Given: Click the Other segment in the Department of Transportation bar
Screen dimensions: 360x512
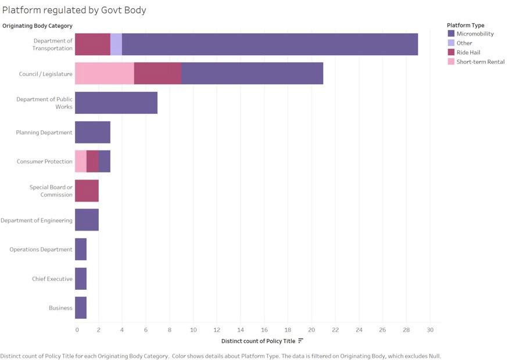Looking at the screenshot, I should point(116,44).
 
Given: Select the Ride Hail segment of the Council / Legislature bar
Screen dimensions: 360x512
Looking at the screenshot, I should point(157,73).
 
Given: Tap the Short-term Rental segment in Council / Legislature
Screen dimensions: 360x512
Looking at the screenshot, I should point(105,73).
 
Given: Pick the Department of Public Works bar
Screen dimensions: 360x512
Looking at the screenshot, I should point(116,103).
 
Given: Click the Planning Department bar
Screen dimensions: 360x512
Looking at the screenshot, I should point(92,132).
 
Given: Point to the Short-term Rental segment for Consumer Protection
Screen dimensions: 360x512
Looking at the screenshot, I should point(81,161).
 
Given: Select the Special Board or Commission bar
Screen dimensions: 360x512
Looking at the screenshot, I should point(87,190).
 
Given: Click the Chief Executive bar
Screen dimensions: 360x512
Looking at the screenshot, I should point(81,279).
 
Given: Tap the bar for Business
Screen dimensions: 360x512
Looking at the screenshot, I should point(81,308).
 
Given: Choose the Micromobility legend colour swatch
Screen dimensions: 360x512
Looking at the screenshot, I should point(451,34).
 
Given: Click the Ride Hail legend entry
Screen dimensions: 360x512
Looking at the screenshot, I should point(468,52).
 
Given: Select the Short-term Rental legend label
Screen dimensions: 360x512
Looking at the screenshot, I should point(480,62).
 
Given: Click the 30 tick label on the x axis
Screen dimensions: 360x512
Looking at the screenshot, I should point(429,330).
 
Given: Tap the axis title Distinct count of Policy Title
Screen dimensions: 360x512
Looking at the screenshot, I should point(258,341).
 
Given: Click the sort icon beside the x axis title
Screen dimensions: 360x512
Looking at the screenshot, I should point(300,341).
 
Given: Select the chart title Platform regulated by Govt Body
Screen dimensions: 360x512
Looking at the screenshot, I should point(74,10).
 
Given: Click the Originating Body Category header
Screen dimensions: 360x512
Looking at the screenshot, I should point(37,26).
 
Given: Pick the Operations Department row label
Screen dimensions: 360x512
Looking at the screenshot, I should point(41,250).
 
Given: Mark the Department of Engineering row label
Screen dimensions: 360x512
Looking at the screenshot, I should point(37,220).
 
